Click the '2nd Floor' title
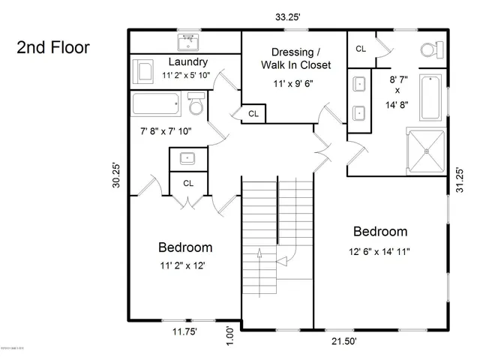[x=53, y=49]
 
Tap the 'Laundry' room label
[x=187, y=61]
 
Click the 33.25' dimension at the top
[x=288, y=15]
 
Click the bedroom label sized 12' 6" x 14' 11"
[x=380, y=231]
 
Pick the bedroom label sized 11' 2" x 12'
[x=184, y=247]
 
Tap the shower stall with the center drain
[x=425, y=150]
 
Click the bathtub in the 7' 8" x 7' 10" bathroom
[x=156, y=105]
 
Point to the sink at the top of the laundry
[x=186, y=40]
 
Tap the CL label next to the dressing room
[x=253, y=114]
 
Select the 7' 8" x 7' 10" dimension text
[x=166, y=131]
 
